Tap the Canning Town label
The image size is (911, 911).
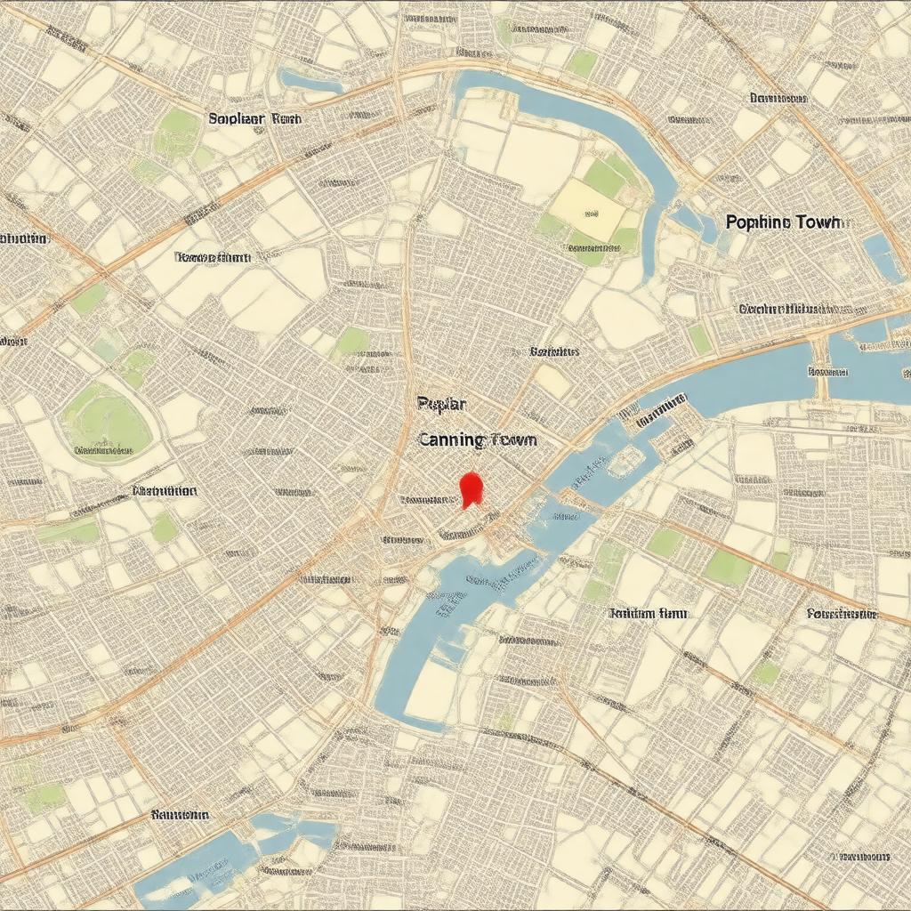pyautogui.click(x=476, y=439)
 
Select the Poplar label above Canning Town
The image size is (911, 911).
pyautogui.click(x=441, y=403)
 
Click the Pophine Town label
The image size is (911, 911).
pyautogui.click(x=782, y=222)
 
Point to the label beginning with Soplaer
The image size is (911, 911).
pyautogui.click(x=254, y=117)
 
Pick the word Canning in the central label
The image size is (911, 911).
pyautogui.click(x=451, y=439)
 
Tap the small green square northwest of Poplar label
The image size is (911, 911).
pyautogui.click(x=351, y=341)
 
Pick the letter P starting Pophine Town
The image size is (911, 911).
pyautogui.click(x=731, y=222)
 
